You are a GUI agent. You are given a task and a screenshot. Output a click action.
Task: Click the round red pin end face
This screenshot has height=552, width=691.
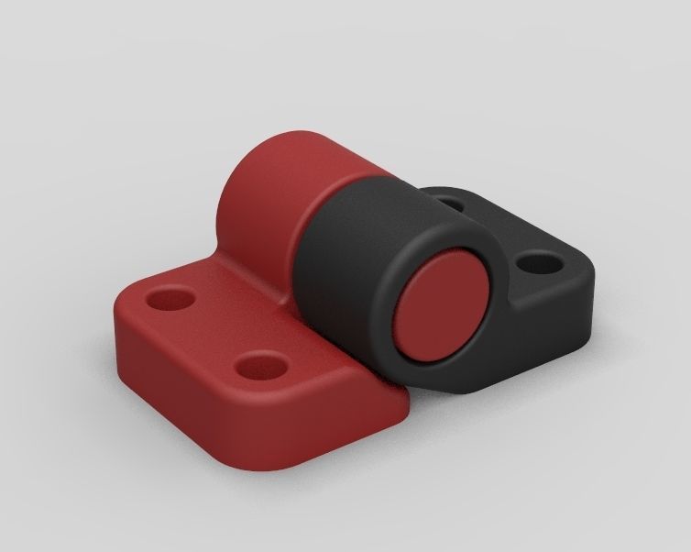click(x=444, y=304)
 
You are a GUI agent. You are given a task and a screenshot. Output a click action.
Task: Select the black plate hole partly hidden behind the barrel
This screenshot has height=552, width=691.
click(x=449, y=196)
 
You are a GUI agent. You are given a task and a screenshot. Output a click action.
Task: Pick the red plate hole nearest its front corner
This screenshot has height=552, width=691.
click(x=258, y=367)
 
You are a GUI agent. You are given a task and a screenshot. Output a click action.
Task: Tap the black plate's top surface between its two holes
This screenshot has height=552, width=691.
click(x=499, y=229)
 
